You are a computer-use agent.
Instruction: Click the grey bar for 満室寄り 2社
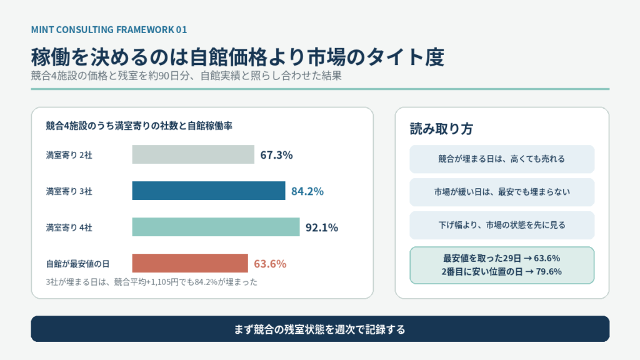pos(193,155)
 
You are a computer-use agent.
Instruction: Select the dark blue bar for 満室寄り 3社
pos(209,191)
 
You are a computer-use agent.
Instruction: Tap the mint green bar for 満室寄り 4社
pos(216,227)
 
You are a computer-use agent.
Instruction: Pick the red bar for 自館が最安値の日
pos(190,263)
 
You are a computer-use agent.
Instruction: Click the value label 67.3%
pos(276,155)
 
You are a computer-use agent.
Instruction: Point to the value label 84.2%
pos(307,191)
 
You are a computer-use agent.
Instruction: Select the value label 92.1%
pos(322,227)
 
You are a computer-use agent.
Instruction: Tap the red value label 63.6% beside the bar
pos(270,264)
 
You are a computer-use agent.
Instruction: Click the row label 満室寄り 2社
pos(69,155)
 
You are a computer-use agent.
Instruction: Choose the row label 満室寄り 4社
pos(69,227)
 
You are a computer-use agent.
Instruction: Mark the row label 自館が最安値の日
pos(77,264)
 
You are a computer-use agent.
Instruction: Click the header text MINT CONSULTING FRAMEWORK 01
pos(109,30)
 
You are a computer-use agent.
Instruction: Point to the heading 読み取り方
pos(441,129)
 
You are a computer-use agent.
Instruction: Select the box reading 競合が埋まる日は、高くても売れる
pos(502,159)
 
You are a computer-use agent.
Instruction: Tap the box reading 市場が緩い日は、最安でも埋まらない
pos(502,192)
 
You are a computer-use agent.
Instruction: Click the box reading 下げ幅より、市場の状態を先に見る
pos(502,225)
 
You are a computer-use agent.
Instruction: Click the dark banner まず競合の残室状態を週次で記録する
pos(320,329)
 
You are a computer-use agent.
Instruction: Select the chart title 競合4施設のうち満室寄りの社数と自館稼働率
pos(139,126)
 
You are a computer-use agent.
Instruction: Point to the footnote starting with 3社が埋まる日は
pos(151,282)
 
